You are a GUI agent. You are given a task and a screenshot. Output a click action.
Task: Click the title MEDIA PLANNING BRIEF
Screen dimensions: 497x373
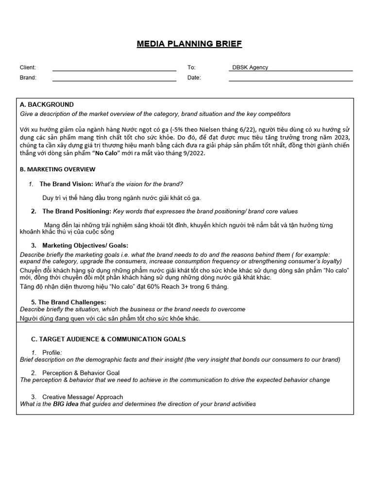pyautogui.click(x=189, y=44)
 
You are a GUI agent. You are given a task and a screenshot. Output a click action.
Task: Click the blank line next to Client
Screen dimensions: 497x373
pyautogui.click(x=114, y=68)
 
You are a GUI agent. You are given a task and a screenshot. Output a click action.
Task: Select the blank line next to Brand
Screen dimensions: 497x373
pyautogui.click(x=114, y=79)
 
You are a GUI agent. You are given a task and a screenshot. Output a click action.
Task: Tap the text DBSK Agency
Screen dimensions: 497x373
pyautogui.click(x=250, y=67)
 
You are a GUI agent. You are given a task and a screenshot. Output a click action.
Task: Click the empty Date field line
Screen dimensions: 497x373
pyautogui.click(x=290, y=79)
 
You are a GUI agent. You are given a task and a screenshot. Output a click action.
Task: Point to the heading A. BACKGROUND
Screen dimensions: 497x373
pyautogui.click(x=47, y=104)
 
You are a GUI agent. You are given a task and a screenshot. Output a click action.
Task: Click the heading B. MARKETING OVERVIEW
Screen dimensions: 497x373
pyautogui.click(x=57, y=169)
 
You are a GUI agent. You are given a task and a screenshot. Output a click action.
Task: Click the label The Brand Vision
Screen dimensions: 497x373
pyautogui.click(x=66, y=184)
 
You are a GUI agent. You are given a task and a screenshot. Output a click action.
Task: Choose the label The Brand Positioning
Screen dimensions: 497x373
pyautogui.click(x=77, y=211)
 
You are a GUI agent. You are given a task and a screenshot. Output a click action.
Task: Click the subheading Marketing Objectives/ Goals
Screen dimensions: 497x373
pyautogui.click(x=85, y=245)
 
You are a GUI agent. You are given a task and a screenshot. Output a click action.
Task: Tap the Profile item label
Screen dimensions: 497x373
pyautogui.click(x=52, y=352)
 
